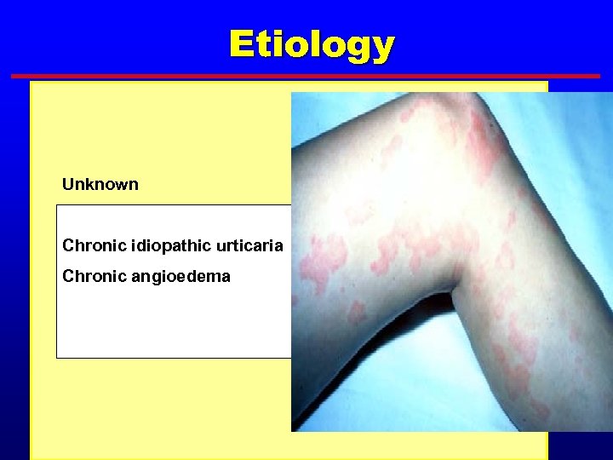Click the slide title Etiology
pos(311,44)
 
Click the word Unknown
pos(100,185)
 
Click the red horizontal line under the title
pos(306,76)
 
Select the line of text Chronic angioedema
pos(146,277)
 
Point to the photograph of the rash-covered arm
pos(451,256)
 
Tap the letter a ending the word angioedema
pos(226,277)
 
